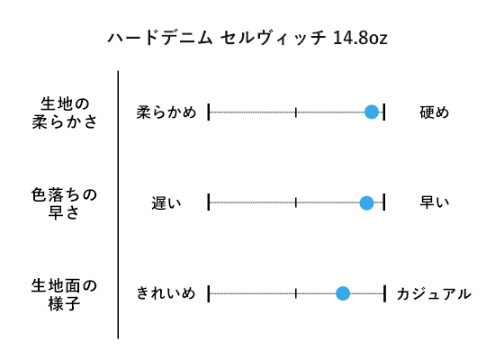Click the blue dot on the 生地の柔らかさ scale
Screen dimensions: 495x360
pos(372,112)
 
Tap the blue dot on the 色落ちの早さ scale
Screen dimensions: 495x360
pos(366,202)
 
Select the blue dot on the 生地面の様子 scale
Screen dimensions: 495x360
pos(343,293)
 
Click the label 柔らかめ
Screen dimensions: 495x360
pos(166,112)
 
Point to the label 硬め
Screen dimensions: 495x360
pos(434,112)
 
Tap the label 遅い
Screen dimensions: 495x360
pos(166,203)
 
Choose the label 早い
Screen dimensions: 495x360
pos(434,202)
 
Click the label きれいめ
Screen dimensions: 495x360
pos(166,293)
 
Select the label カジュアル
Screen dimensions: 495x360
pos(434,294)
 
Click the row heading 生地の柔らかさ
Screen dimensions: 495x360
pos(65,112)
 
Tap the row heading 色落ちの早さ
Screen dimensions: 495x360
pos(64,203)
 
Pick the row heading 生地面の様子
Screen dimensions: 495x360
pos(64,294)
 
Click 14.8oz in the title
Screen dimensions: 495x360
pos(360,38)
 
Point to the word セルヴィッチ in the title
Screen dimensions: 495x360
pos(274,38)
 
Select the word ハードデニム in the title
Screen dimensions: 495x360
pos(160,38)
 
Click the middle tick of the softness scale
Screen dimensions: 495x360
pos(296,112)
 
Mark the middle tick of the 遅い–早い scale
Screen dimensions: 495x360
pos(296,202)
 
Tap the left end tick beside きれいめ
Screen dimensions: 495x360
pos(209,293)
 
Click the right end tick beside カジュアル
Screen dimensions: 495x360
pos(385,293)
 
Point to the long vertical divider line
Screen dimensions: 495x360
pos(118,204)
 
